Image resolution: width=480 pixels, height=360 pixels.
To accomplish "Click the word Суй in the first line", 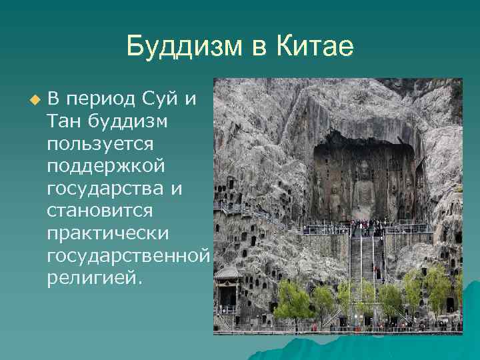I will [x=163, y=100].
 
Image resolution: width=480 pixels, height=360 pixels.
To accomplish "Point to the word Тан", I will [x=64, y=122].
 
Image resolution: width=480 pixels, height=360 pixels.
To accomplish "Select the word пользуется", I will [x=101, y=144].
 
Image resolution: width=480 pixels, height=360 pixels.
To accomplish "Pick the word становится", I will [x=100, y=210].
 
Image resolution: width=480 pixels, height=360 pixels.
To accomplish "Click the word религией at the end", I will [x=94, y=276].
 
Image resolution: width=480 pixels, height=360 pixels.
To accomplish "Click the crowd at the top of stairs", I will [x=365, y=227].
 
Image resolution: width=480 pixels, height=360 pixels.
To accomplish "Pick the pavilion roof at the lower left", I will [x=227, y=273].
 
